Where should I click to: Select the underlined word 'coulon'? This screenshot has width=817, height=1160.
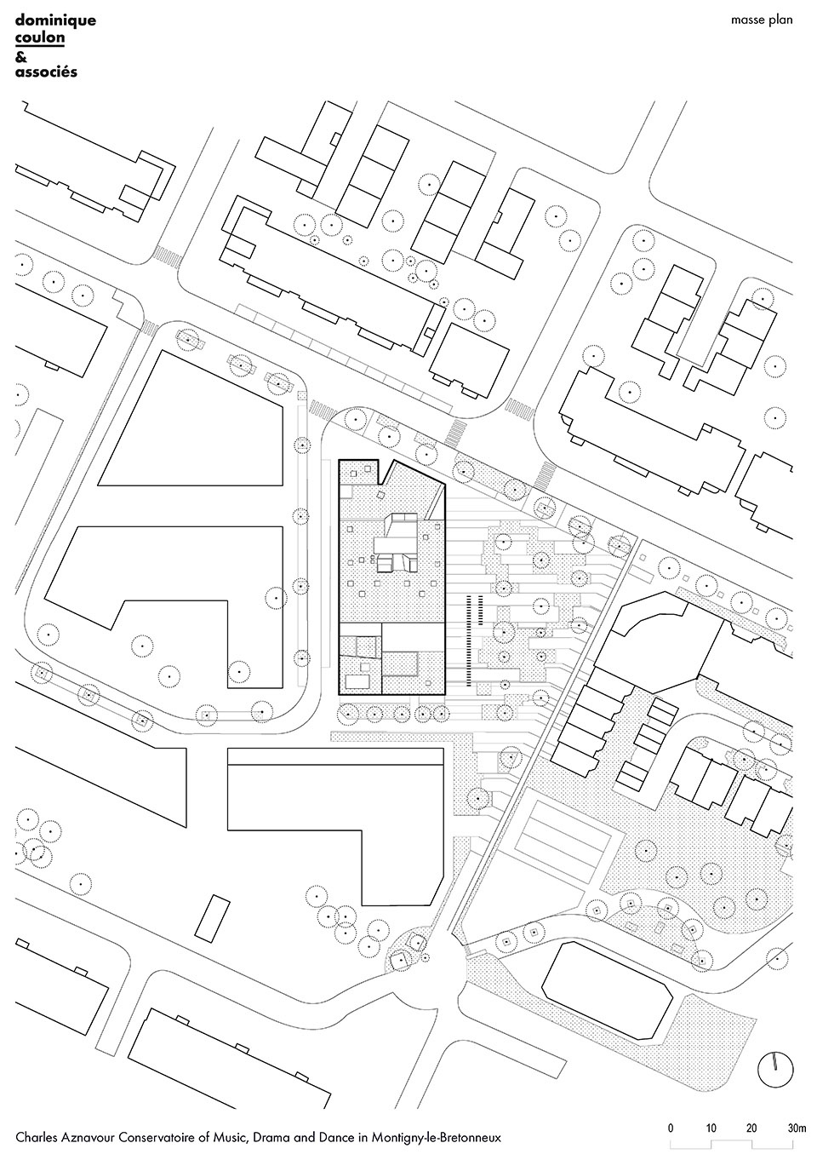coord(39,37)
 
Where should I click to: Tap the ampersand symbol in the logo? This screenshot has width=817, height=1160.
coord(20,55)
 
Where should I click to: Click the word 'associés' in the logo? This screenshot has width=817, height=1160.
coord(46,72)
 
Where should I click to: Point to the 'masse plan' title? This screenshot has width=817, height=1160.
coord(761,20)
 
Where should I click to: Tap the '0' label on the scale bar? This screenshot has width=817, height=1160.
coord(671,1124)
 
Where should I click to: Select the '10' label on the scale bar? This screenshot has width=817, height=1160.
coord(711,1124)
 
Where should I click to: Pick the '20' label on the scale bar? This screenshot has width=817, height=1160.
coord(751,1124)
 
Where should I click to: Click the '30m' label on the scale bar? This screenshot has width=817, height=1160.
coord(797,1124)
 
